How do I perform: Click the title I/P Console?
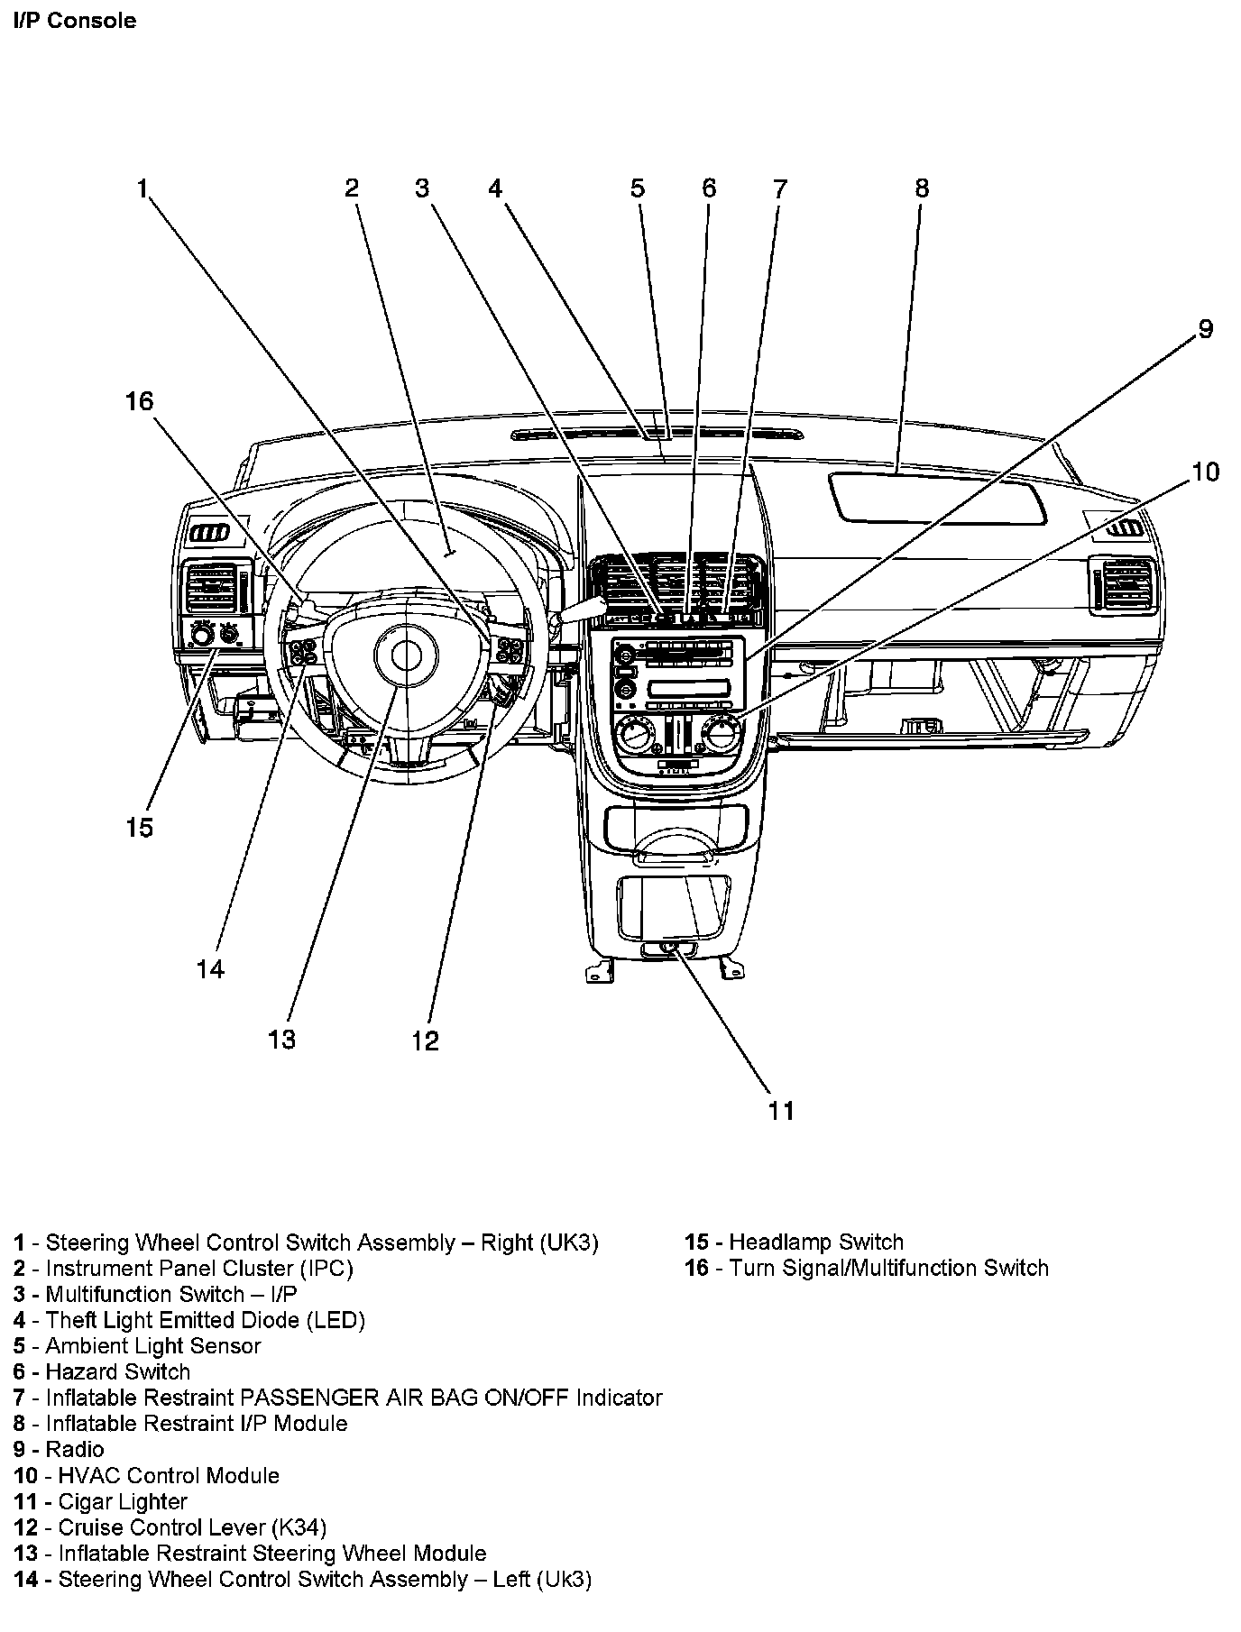coord(75,21)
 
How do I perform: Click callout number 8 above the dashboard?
coord(921,188)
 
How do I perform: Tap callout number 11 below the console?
coord(781,1110)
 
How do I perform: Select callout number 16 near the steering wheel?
coord(140,401)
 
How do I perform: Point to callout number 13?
coord(281,1040)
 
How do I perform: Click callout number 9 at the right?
coord(1206,329)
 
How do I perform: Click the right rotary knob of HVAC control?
coord(721,731)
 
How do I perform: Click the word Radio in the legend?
coord(75,1449)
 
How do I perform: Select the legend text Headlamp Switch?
coord(815,1242)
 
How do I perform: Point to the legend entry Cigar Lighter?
coord(123,1501)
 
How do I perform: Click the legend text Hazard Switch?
coord(118,1371)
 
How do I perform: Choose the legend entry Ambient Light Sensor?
coord(153,1345)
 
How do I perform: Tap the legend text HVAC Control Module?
coord(169,1475)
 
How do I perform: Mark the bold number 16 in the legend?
coord(696,1268)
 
